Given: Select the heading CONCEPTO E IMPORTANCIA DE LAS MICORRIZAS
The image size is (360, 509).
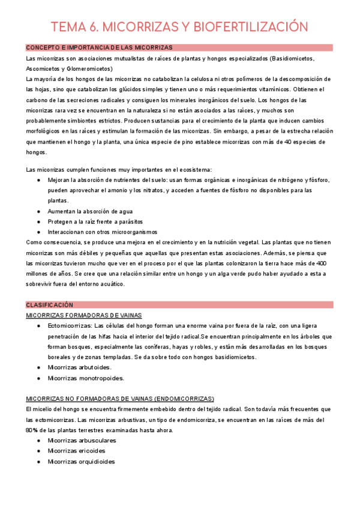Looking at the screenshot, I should [x=99, y=47].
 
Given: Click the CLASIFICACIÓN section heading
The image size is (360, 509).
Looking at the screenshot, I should [x=49, y=305].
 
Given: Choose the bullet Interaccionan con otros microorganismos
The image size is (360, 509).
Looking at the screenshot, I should [x=102, y=232].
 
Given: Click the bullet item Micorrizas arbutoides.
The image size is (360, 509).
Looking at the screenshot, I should [x=79, y=367].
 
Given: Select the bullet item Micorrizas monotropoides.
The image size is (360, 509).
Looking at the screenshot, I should [x=86, y=378].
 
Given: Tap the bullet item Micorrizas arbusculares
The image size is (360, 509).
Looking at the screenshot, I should [x=82, y=441].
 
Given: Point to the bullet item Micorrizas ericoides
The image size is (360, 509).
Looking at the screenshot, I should [x=76, y=451].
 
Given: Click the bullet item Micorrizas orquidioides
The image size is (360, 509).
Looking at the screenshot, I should [x=81, y=462].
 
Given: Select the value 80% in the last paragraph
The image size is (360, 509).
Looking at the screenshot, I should [x=32, y=430].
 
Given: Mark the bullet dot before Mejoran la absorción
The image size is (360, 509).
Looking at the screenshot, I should [x=39, y=180].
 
